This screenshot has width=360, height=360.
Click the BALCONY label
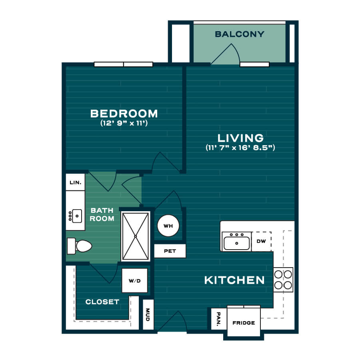click(x=240, y=34)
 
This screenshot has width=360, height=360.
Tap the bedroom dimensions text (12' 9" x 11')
click(x=124, y=123)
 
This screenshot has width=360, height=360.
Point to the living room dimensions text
click(x=240, y=147)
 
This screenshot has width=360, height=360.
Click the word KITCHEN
click(x=234, y=280)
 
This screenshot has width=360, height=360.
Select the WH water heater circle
click(x=168, y=226)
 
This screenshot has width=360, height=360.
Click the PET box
click(x=170, y=251)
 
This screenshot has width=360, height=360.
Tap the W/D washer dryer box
click(x=134, y=280)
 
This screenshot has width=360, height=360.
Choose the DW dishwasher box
click(x=262, y=241)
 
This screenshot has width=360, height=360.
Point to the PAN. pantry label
click(x=218, y=319)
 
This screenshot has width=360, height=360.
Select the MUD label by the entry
click(x=148, y=314)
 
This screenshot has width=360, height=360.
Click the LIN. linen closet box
click(x=75, y=182)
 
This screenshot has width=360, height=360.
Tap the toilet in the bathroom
click(x=79, y=246)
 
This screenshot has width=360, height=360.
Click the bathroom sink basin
click(x=77, y=216)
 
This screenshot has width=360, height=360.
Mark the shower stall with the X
click(x=136, y=236)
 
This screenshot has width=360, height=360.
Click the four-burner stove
click(x=283, y=280)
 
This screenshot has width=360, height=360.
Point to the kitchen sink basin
click(x=236, y=243)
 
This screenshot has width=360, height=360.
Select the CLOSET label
click(x=102, y=302)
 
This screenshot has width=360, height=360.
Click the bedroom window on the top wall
click(x=124, y=64)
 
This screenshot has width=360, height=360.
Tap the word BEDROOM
click(x=124, y=114)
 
